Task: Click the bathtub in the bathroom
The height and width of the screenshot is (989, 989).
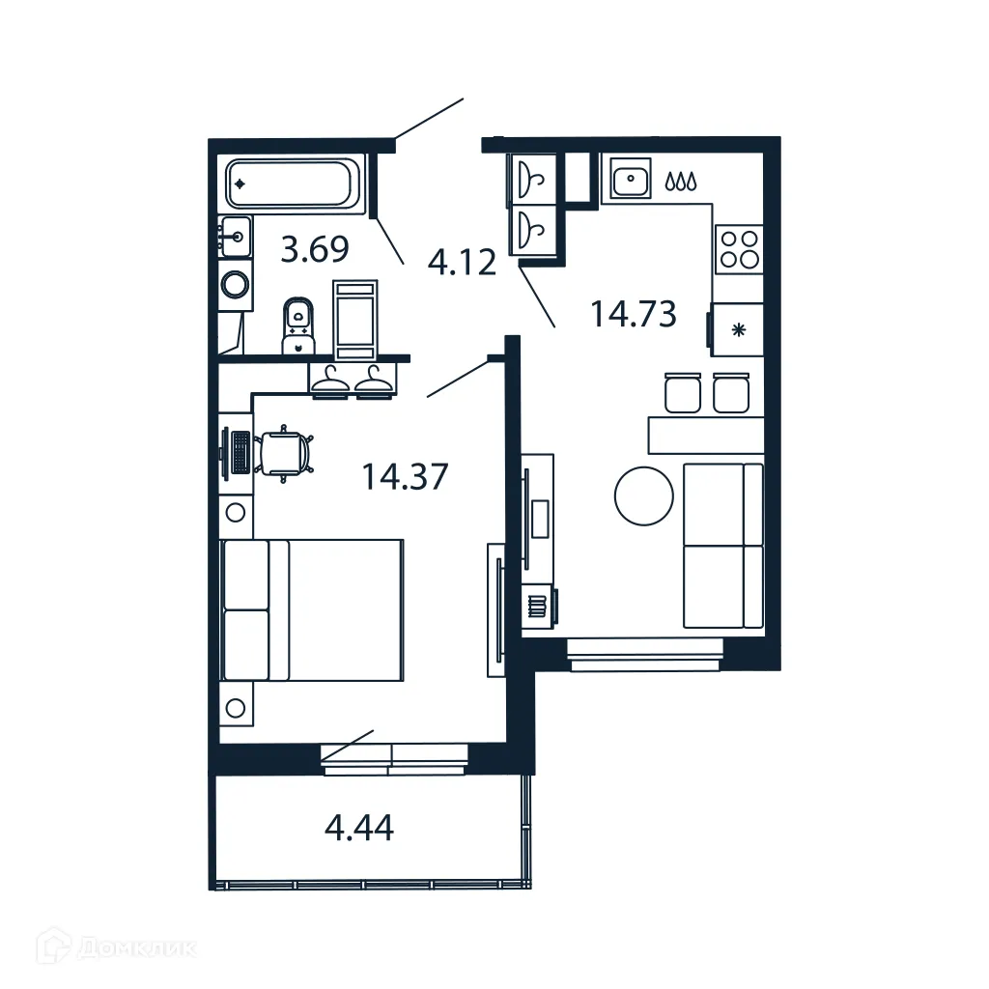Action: click(293, 184)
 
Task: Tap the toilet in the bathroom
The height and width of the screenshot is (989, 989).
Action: click(298, 325)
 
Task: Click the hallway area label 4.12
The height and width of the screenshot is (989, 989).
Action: click(463, 262)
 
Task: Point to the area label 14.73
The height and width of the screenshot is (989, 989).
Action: click(633, 313)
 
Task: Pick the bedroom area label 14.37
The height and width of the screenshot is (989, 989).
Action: click(405, 475)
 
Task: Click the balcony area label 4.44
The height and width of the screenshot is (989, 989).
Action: click(359, 828)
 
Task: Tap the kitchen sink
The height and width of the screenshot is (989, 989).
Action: click(630, 179)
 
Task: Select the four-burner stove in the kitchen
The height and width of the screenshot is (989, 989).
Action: click(739, 248)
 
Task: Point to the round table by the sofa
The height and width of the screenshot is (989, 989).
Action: click(643, 496)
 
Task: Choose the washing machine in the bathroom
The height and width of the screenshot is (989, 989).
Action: click(235, 284)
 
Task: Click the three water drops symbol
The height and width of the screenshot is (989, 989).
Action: click(681, 180)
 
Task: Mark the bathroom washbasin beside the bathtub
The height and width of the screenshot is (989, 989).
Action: click(236, 235)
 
